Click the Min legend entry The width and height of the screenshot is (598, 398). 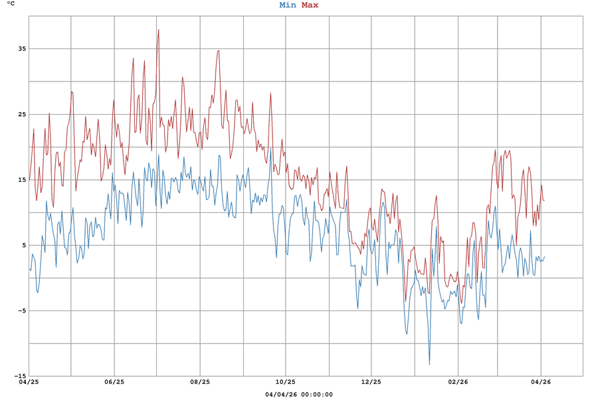pyautogui.click(x=288, y=5)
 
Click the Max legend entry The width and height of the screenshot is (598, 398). pyautogui.click(x=310, y=5)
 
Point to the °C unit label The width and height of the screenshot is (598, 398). pyautogui.click(x=11, y=5)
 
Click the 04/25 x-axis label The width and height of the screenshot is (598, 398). pyautogui.click(x=29, y=382)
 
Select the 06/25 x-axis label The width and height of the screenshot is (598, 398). pyautogui.click(x=114, y=382)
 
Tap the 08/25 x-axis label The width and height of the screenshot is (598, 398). pyautogui.click(x=200, y=382)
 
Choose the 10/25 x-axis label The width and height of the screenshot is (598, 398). pyautogui.click(x=286, y=382)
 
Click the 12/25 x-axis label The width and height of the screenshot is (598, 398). pyautogui.click(x=371, y=382)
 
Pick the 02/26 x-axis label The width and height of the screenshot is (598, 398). pyautogui.click(x=456, y=382)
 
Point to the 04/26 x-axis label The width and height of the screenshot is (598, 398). pyautogui.click(x=541, y=382)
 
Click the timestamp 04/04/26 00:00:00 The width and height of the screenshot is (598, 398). pyautogui.click(x=299, y=394)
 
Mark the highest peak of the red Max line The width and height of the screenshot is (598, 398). pyautogui.click(x=158, y=29)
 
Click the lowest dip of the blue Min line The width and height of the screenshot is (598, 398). pyautogui.click(x=429, y=364)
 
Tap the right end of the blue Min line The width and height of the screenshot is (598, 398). pyautogui.click(x=544, y=257)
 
